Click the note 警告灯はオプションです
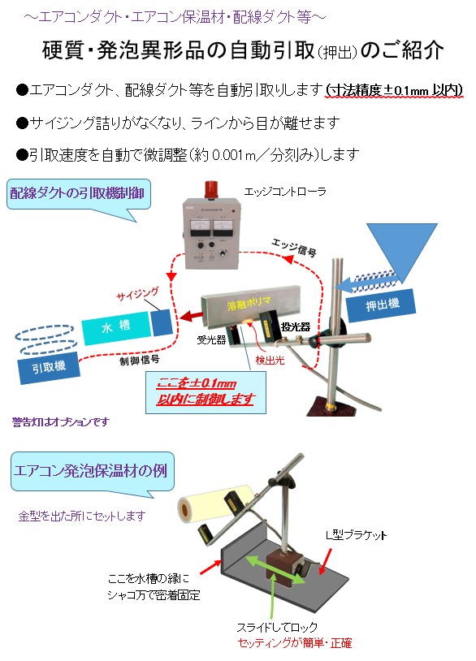[x=60, y=422]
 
